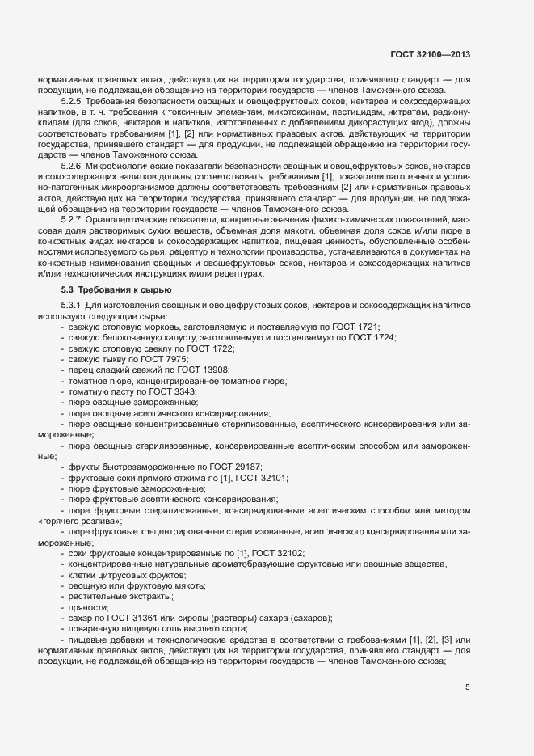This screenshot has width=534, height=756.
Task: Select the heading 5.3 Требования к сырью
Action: (116, 289)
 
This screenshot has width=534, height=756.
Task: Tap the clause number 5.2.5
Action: (71, 102)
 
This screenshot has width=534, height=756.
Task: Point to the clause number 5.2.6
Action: (71, 166)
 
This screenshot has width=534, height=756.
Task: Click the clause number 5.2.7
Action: (71, 219)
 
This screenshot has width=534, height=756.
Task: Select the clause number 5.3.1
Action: (71, 304)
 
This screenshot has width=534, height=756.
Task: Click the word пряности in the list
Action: (88, 607)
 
